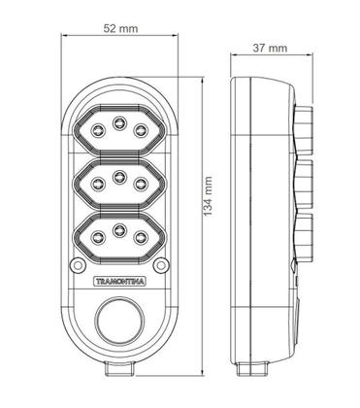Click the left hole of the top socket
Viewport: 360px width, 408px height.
tap(98, 129)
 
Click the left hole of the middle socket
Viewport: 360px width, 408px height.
tap(98, 182)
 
